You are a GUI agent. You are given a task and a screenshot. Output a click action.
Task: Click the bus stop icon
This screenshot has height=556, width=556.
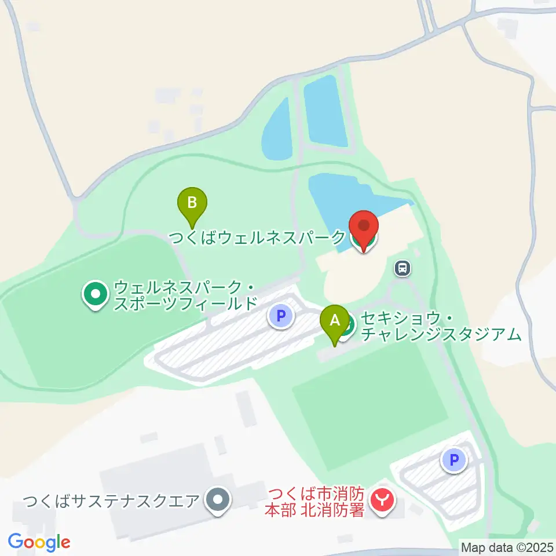(403, 268)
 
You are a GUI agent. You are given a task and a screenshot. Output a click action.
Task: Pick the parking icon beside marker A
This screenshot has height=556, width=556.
(281, 316)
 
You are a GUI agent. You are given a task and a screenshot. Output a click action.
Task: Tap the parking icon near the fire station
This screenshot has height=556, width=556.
(454, 460)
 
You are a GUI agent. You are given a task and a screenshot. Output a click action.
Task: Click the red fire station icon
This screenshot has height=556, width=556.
(382, 499)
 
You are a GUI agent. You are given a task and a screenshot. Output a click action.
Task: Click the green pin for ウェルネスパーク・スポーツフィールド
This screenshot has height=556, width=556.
(95, 294)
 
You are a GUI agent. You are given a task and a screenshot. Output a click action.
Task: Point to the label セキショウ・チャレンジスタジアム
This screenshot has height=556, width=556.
(440, 326)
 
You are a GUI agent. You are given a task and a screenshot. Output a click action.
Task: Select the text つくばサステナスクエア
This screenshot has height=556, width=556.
(111, 500)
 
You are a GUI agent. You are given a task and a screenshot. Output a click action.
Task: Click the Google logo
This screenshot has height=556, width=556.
(39, 542)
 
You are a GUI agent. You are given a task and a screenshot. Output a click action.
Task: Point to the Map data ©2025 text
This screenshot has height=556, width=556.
(506, 547)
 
